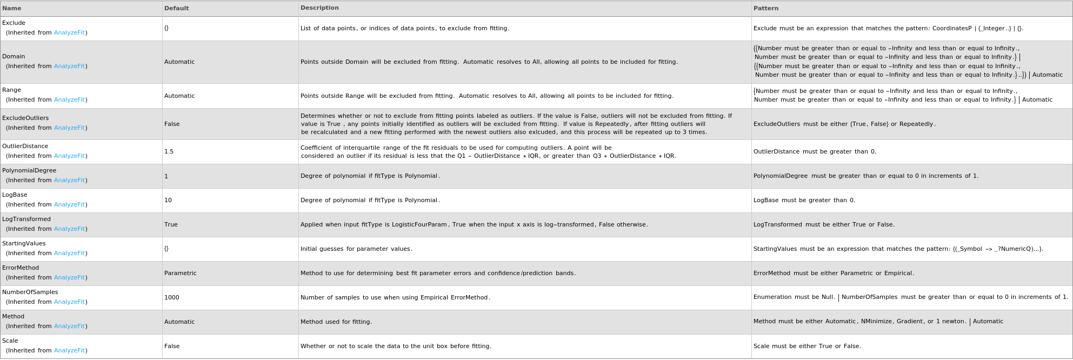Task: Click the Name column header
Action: tap(12, 9)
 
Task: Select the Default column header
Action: tap(176, 9)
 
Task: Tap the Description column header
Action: tap(319, 8)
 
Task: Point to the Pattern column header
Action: tap(766, 9)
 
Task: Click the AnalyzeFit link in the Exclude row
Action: tap(69, 33)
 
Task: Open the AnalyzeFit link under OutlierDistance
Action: tap(69, 156)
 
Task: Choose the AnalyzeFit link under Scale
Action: tap(69, 351)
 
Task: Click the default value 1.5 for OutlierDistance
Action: tap(169, 152)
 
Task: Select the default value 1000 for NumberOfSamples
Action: tap(171, 298)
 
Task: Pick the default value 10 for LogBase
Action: tap(168, 201)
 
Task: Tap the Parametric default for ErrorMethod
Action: tap(180, 274)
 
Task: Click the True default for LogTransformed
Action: tap(171, 225)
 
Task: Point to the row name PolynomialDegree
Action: tap(29, 171)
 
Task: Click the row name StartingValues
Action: tap(24, 244)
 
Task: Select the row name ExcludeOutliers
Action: tap(25, 118)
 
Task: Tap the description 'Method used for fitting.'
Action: tap(336, 322)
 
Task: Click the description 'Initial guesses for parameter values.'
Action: tap(356, 249)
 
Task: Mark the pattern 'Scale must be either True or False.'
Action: tap(807, 346)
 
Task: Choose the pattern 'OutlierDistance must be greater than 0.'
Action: tap(815, 152)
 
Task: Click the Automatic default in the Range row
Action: tap(179, 96)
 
